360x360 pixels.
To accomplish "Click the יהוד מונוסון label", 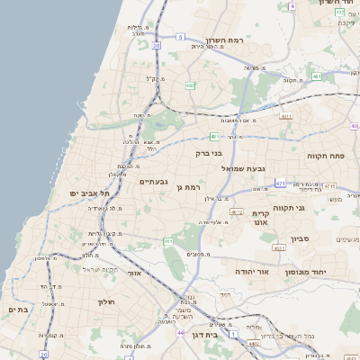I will pyautogui.click(x=320, y=270).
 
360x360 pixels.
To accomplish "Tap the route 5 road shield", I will pyautogui.click(x=180, y=37).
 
